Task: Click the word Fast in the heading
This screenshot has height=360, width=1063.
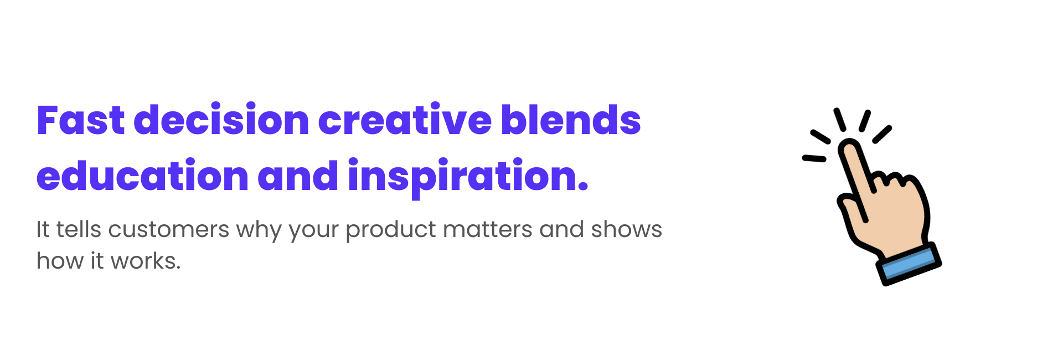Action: [81, 121]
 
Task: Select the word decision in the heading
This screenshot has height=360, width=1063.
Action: [221, 121]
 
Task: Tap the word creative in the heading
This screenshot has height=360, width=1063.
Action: [405, 121]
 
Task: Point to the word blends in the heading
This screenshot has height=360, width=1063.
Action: [571, 121]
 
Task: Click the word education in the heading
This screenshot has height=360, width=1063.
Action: [142, 176]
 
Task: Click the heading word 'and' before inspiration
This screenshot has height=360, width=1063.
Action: [298, 176]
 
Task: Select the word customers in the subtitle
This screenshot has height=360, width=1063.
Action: [169, 229]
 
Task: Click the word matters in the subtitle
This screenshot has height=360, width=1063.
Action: [488, 229]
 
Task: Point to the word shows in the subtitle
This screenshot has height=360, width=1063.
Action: [626, 229]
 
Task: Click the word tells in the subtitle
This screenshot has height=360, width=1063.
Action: [79, 229]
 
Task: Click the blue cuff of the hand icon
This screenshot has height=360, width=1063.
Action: [909, 264]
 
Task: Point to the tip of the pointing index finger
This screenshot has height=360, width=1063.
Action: [849, 148]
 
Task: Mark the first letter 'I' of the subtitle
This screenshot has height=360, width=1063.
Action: [39, 229]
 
